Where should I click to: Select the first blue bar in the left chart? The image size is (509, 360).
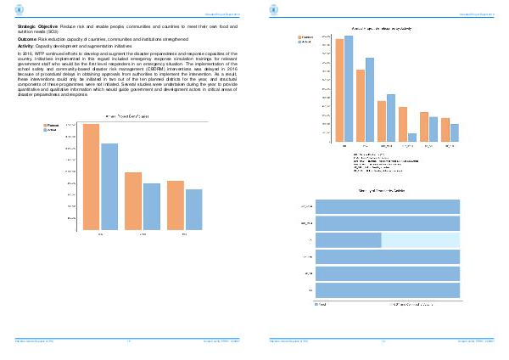(x=109, y=186)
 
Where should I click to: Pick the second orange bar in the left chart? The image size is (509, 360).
(x=133, y=200)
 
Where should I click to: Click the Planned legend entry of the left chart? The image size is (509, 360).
(x=53, y=125)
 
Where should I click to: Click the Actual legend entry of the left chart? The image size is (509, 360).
(x=53, y=130)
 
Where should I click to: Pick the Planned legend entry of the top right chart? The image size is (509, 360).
(x=307, y=37)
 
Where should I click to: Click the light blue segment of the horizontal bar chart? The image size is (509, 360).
(x=421, y=240)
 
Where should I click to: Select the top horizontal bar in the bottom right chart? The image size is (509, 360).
(x=388, y=206)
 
